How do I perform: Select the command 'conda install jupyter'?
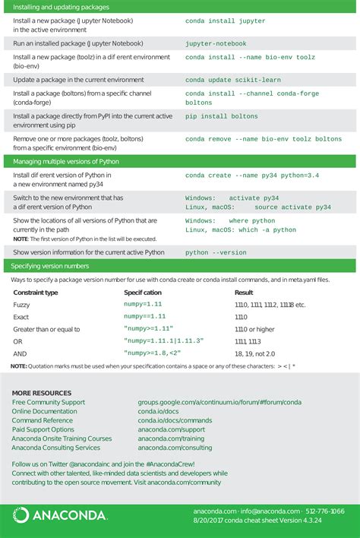click(x=219, y=21)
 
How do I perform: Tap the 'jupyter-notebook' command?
click(x=216, y=44)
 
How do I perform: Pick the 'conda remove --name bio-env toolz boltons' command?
click(x=264, y=139)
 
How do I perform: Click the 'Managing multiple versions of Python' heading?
click(x=65, y=162)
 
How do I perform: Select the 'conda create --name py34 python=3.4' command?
click(x=252, y=176)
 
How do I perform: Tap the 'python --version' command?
click(x=216, y=252)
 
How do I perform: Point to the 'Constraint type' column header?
click(x=36, y=292)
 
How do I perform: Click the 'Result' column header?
click(x=244, y=292)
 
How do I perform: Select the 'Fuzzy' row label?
click(x=21, y=305)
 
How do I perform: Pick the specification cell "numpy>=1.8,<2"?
click(x=152, y=353)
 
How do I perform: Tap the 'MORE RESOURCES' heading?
click(x=42, y=393)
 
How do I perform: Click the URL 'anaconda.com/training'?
click(x=171, y=438)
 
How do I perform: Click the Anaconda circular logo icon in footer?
click(x=21, y=516)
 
